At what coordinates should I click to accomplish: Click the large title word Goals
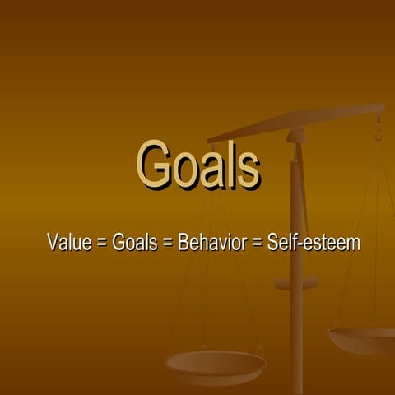(x=197, y=165)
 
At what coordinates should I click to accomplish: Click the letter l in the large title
(x=226, y=164)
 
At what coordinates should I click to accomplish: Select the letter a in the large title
(x=209, y=170)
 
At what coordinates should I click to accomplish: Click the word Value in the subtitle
(x=68, y=243)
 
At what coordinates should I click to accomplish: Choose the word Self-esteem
(x=314, y=243)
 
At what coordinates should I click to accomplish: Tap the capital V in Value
(x=53, y=243)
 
